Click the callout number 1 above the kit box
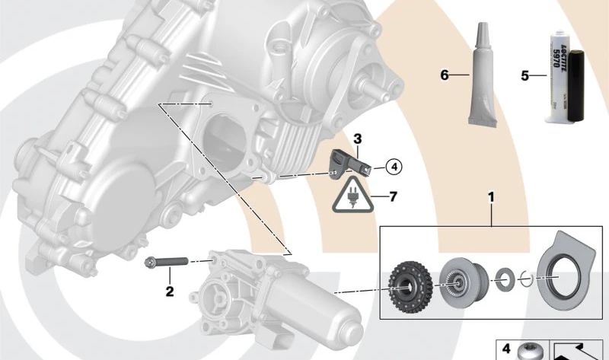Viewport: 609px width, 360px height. pos(492,198)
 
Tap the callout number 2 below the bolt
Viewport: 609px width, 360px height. pos(171,291)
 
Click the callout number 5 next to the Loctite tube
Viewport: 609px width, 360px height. pos(524,75)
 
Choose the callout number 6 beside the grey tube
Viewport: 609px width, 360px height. pos(444,75)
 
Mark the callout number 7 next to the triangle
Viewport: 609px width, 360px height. pos(393,197)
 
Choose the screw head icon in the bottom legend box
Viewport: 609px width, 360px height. pos(528,352)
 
